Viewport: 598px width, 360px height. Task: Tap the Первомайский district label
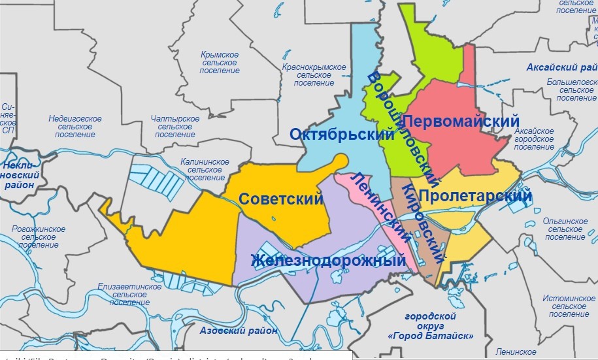tap(461, 122)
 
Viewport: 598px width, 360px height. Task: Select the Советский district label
tap(281, 199)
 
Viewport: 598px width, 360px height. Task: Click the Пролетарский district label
tap(474, 196)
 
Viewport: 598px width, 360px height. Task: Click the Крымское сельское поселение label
tap(220, 62)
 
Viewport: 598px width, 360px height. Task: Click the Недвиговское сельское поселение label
tap(75, 126)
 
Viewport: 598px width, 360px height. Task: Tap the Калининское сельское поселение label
tap(205, 169)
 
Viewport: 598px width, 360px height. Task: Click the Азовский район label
tap(239, 331)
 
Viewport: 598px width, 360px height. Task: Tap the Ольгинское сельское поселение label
tap(566, 229)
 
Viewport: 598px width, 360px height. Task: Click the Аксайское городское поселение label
tap(534, 139)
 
